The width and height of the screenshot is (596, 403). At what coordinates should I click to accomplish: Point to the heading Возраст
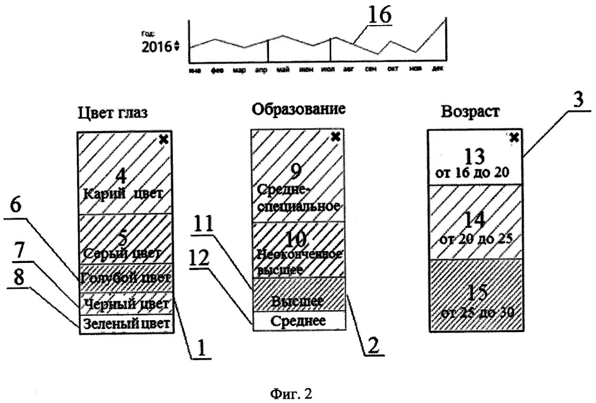[x=470, y=112]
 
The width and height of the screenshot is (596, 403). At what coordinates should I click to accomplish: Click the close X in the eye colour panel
[x=165, y=139]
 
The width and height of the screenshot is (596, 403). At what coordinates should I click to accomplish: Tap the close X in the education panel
[x=336, y=137]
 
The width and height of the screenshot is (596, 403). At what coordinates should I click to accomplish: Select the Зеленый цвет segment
[x=126, y=324]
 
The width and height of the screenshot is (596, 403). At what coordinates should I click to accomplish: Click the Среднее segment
[x=298, y=321]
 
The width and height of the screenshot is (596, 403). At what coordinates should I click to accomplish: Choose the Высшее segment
[x=298, y=300]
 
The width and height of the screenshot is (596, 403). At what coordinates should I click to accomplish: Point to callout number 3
[x=576, y=100]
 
